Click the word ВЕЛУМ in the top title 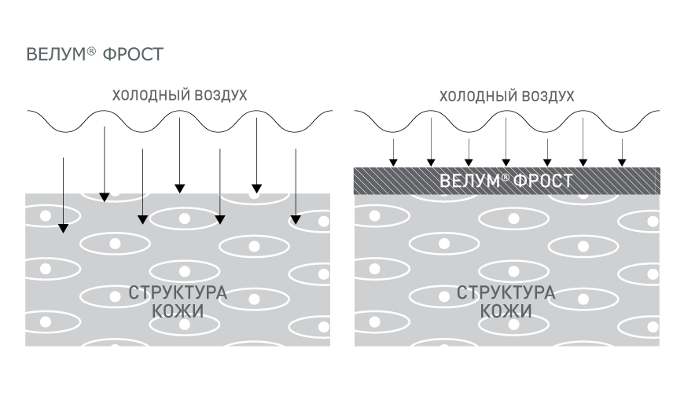tap(57, 54)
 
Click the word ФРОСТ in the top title tap(133, 55)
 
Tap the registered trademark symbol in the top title tap(90, 50)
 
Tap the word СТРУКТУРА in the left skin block tap(178, 292)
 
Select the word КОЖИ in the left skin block tap(178, 311)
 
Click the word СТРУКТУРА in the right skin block tap(506, 292)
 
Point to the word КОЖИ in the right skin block tap(506, 311)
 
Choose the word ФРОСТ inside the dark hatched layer tap(543, 181)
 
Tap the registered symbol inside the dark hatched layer tap(506, 177)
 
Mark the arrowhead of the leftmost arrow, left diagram tap(63, 228)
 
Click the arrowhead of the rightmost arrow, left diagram tap(296, 219)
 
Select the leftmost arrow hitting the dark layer tap(393, 152)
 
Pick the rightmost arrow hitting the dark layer tap(622, 152)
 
